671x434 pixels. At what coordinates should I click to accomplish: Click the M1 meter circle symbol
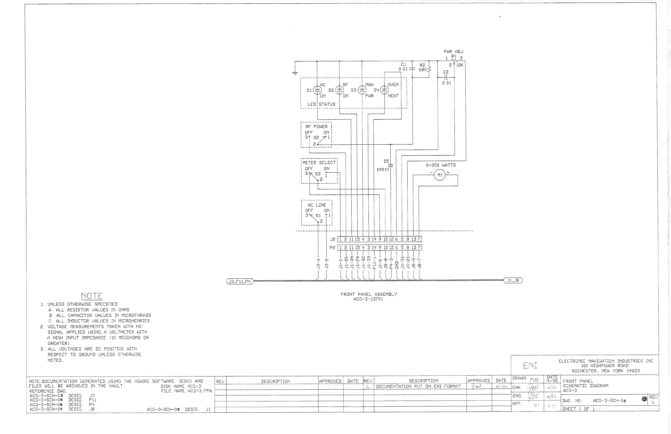click(440, 175)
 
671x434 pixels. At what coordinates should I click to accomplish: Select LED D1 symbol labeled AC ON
click(317, 90)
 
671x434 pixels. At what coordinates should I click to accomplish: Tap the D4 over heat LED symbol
click(384, 90)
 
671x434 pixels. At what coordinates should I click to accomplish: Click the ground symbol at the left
click(295, 73)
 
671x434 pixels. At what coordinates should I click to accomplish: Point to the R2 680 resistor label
click(422, 67)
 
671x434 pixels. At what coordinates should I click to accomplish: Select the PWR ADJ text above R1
click(453, 52)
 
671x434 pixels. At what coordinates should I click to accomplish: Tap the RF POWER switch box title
click(316, 127)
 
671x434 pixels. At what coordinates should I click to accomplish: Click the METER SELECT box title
click(319, 162)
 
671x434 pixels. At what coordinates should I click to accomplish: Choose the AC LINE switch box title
click(317, 205)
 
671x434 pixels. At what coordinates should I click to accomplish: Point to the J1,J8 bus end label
click(513, 280)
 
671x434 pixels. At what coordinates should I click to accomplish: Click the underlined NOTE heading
click(92, 296)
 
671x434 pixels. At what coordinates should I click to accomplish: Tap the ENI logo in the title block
click(530, 366)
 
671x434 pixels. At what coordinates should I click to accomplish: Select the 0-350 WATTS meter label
click(441, 165)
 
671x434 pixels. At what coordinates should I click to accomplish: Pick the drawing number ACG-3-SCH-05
click(609, 401)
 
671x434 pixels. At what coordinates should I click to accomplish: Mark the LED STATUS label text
click(322, 104)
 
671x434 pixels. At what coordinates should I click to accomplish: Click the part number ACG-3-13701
click(368, 299)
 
